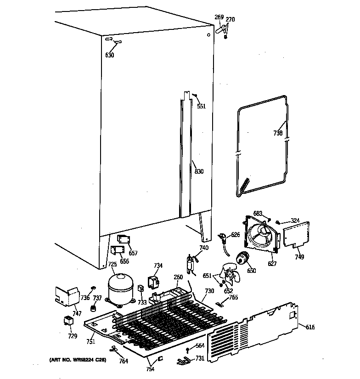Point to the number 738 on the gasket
[x=278, y=133]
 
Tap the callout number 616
[x=310, y=327]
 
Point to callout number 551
[x=201, y=106]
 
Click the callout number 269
[x=219, y=17]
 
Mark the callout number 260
[x=178, y=277]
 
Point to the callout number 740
[x=203, y=248]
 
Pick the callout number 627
[x=272, y=264]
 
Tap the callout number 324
[x=295, y=221]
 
